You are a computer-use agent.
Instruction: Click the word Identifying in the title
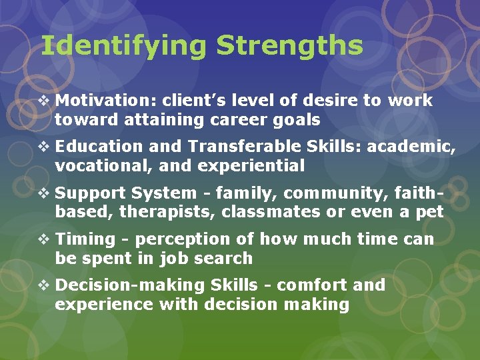click(x=123, y=47)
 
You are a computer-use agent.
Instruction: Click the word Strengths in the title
click(x=289, y=47)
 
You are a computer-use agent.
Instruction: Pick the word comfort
click(x=311, y=285)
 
